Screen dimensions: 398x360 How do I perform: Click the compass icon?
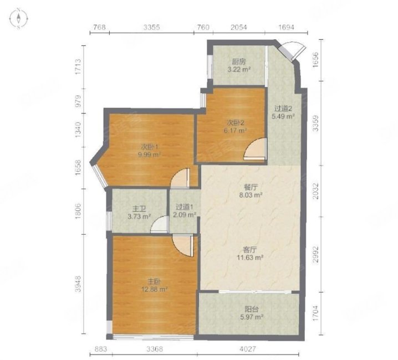(18, 18)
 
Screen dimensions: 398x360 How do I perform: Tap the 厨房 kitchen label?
(239, 61)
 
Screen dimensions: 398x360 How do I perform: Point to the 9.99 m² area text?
(150, 155)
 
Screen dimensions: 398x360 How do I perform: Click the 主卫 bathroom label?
(139, 209)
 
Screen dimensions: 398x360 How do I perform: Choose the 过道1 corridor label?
(185, 207)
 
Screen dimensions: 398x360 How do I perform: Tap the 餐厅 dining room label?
(251, 188)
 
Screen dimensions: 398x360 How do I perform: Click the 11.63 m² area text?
(249, 258)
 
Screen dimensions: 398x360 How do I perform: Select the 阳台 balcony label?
(252, 309)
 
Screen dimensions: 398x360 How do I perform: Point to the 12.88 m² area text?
(154, 289)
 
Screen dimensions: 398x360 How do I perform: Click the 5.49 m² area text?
(283, 117)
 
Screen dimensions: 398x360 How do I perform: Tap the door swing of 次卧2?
(254, 149)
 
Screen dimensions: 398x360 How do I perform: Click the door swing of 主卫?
(160, 224)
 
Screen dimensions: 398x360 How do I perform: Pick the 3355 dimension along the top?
(151, 27)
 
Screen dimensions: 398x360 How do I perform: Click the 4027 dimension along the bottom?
(248, 349)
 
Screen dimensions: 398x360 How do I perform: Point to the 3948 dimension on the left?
(78, 284)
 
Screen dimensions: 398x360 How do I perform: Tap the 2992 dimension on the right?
(315, 254)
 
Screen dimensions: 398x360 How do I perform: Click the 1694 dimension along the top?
(286, 27)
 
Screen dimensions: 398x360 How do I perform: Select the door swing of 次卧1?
(180, 178)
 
